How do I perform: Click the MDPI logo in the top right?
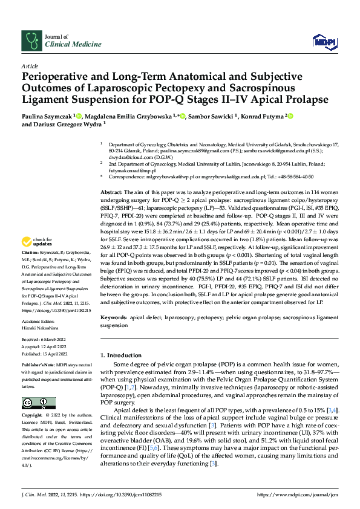(x=326, y=41)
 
